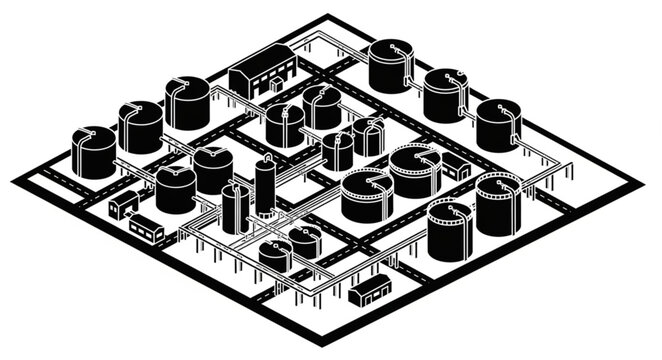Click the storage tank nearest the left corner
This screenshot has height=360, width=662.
[x=93, y=153]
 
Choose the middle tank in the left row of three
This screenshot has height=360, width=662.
[x=140, y=127]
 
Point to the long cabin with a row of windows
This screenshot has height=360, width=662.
[x=147, y=229]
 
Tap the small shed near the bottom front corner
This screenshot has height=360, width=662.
[x=369, y=290]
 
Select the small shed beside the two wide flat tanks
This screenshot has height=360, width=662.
[x=456, y=167]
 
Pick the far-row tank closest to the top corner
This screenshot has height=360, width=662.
[x=389, y=67]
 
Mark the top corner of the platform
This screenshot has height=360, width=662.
[x=327, y=16]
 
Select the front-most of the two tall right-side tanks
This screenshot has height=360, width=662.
[x=449, y=232]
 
